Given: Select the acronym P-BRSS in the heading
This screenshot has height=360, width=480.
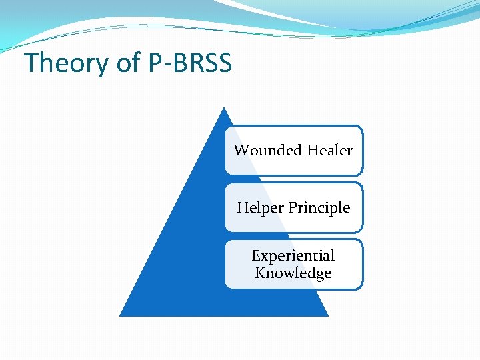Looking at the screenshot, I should coord(191,64).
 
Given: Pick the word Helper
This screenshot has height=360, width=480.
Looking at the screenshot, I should coord(261,208).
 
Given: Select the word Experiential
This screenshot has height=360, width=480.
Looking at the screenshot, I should coord(293,256).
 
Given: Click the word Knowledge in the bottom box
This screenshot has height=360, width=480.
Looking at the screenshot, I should coord(293,273).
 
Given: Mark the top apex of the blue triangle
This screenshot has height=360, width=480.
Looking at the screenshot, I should coord(225,108).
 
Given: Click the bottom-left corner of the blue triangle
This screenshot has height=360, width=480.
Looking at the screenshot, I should coord(121,315).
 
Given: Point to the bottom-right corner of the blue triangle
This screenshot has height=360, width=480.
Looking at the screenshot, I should coord(327,315).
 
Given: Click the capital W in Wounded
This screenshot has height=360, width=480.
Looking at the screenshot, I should coord(240,151).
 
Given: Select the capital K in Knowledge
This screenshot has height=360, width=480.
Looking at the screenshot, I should coord(259,273).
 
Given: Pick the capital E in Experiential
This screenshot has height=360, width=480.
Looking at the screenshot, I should coord(255,255).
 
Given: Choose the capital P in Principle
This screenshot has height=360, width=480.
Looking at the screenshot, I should coord(293,207).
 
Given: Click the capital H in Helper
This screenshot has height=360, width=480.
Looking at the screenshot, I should coord(242,207).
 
